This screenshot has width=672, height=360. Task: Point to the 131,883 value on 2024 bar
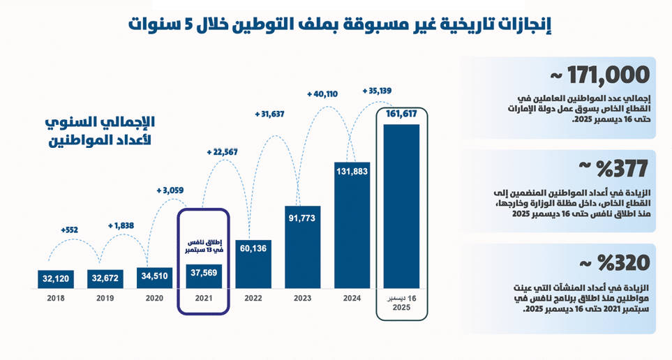pyautogui.click(x=351, y=172)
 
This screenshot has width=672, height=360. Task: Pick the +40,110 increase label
pyautogui.click(x=322, y=93)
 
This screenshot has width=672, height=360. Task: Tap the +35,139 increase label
pyautogui.click(x=378, y=90)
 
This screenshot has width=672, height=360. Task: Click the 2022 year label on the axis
pyautogui.click(x=253, y=298)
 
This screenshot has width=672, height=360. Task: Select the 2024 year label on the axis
pyautogui.click(x=351, y=298)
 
